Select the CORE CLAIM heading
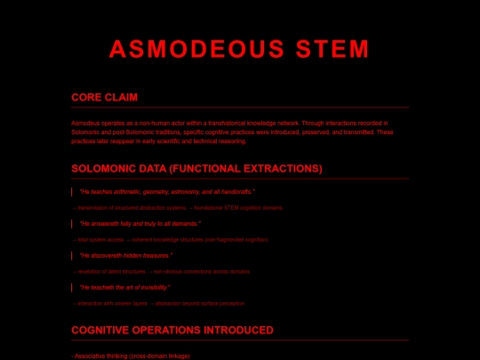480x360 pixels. coord(104,97)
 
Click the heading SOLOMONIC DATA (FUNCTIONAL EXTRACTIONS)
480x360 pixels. coord(196,168)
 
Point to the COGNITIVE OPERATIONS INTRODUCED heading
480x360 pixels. coord(172,330)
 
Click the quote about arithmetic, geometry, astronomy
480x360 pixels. coord(167,192)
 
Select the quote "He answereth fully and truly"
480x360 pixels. coord(140,224)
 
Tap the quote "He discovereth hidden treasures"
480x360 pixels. coord(126,256)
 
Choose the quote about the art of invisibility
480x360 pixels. coord(124,288)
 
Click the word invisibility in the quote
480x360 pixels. coord(155,288)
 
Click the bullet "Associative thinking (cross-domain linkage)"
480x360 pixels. coord(131,356)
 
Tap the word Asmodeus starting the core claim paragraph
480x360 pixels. coord(85,122)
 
